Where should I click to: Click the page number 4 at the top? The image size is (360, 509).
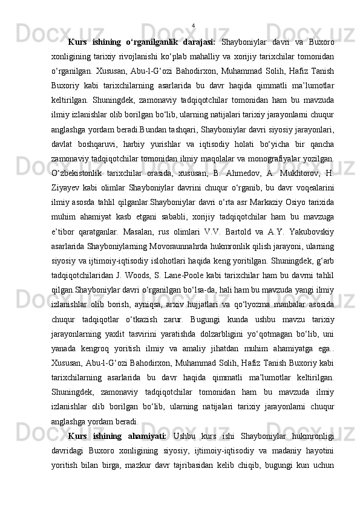pos(192,25)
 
